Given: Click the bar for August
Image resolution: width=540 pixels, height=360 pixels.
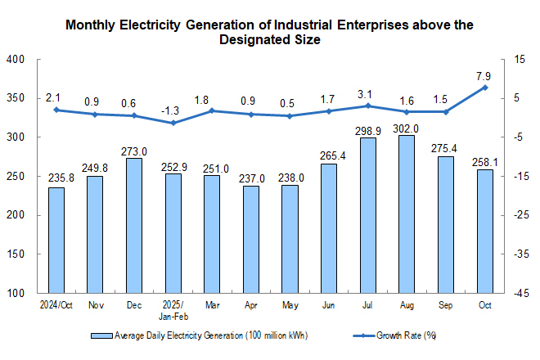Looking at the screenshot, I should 407,214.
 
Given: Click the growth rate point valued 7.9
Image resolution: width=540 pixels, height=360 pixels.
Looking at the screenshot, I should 485,88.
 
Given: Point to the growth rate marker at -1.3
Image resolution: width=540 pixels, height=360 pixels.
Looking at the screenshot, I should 173,123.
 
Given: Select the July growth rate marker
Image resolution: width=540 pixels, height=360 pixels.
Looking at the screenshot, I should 368,106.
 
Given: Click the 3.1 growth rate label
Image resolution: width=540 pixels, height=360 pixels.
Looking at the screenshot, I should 368,93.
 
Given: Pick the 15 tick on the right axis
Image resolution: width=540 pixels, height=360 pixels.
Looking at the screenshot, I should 518,60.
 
